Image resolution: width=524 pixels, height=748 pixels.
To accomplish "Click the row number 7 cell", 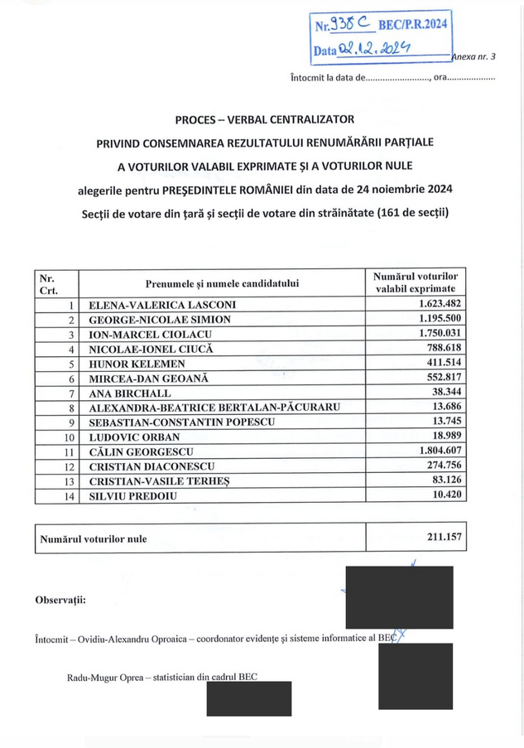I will pos(71,393).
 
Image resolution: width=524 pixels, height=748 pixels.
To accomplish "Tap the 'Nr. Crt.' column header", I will pos(49,284).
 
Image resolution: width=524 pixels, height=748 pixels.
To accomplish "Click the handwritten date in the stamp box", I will pos(376,51).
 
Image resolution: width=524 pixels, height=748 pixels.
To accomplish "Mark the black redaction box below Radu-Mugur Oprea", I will pos(248,699).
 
